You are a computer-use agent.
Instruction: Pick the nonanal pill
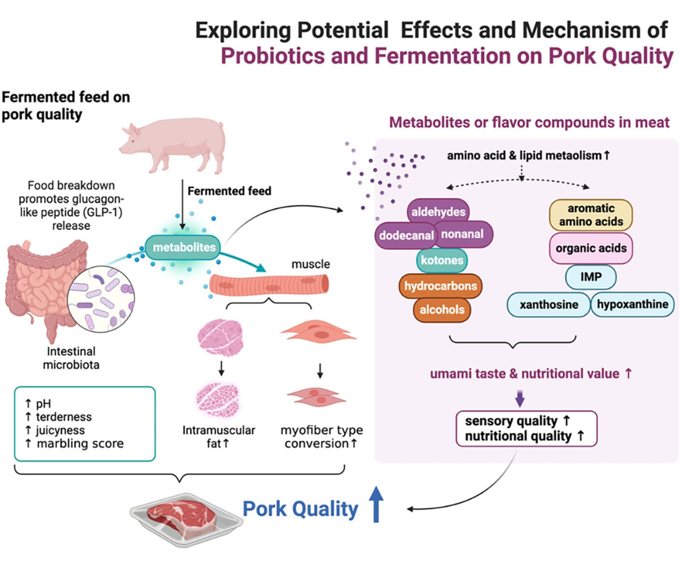pyautogui.click(x=463, y=234)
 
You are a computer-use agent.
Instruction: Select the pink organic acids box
pyautogui.click(x=591, y=248)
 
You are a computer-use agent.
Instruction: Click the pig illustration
pyautogui.click(x=170, y=146)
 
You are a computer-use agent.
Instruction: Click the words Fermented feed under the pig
pyautogui.click(x=229, y=191)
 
